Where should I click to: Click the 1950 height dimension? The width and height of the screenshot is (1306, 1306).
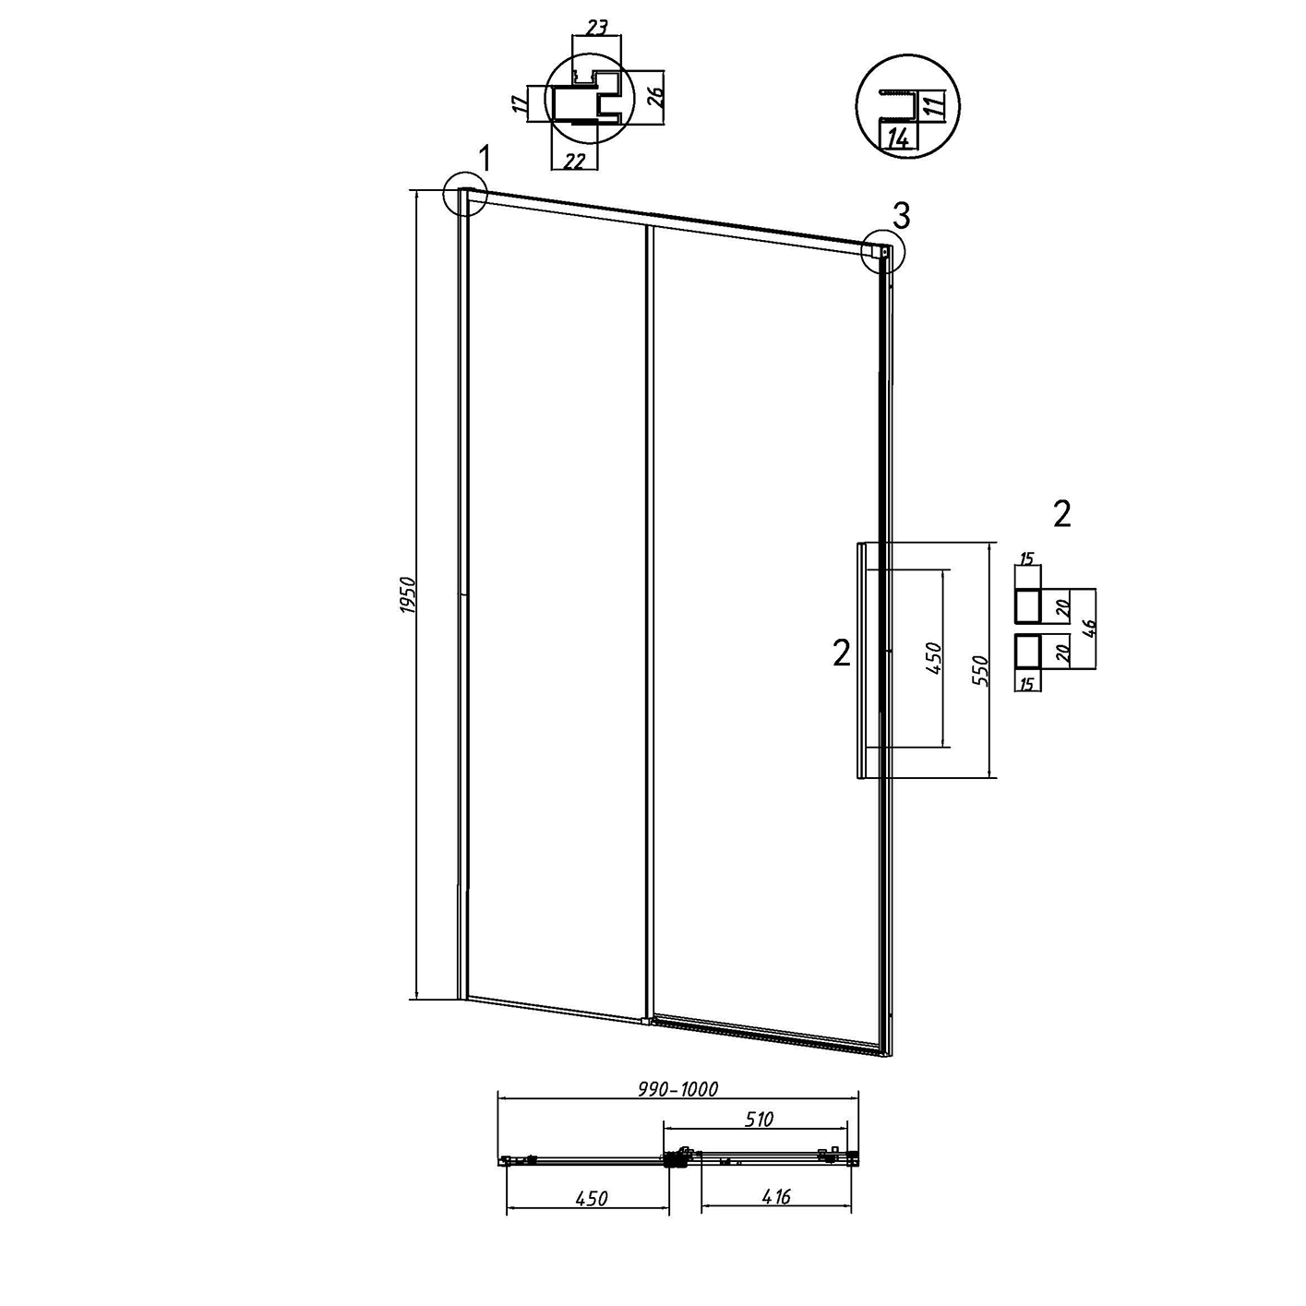[x=407, y=595]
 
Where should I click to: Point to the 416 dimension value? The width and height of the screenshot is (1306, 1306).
[x=775, y=1197]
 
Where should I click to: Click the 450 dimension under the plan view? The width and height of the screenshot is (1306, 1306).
[x=592, y=1198]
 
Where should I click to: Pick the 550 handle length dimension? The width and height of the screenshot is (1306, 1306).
[x=981, y=671]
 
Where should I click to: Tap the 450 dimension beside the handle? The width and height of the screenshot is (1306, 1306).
[x=934, y=657]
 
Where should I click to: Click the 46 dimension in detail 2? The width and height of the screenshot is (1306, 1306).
[x=1090, y=629]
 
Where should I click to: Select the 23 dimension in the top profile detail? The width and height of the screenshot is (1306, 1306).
[x=595, y=28]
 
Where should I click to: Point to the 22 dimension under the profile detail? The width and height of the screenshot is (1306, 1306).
[x=574, y=162]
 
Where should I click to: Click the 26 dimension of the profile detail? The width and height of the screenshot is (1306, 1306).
[x=656, y=98]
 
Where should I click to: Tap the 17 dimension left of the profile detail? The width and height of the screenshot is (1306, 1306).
[x=519, y=103]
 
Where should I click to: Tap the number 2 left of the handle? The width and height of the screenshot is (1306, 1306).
[x=841, y=653]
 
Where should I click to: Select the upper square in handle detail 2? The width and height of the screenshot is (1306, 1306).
[x=1026, y=605]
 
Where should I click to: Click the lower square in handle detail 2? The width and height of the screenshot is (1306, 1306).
[x=1026, y=652]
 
